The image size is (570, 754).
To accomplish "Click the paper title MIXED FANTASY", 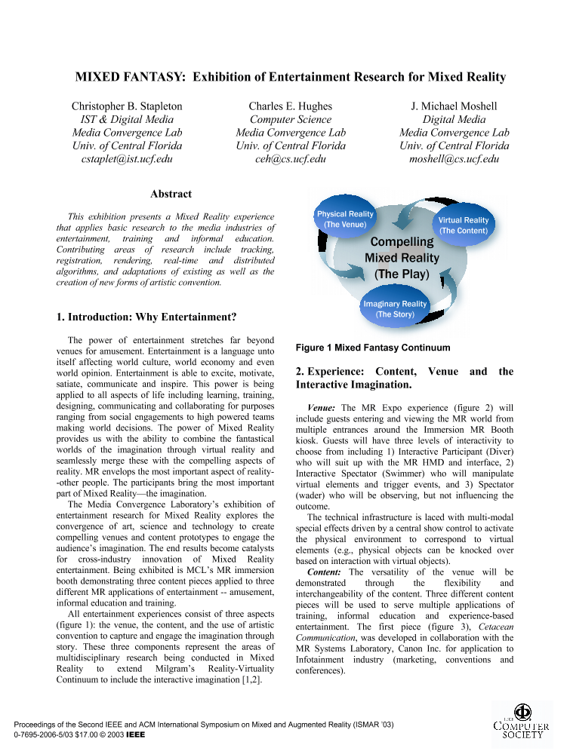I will tap(290, 77).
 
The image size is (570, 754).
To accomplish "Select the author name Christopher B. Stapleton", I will tap(127, 106).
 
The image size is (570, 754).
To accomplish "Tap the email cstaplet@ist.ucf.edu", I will tap(127, 158).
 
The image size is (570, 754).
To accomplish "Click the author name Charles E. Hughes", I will tap(290, 106).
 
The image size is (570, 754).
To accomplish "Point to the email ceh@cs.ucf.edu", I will tap(290, 158).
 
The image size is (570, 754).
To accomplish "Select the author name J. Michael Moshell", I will tap(454, 106).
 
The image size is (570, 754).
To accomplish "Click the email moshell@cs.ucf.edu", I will tap(454, 158).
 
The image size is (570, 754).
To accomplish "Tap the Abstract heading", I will tap(171, 194).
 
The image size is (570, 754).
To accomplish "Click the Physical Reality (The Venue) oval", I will tap(344, 219).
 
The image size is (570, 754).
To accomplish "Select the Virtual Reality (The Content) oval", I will tap(464, 225).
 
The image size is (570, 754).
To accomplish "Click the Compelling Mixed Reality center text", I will tap(402, 258).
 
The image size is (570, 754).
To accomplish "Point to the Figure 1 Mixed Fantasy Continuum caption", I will tap(373, 348).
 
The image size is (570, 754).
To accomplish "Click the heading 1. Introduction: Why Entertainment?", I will tap(146, 317).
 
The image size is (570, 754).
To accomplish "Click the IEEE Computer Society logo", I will tap(519, 722).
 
